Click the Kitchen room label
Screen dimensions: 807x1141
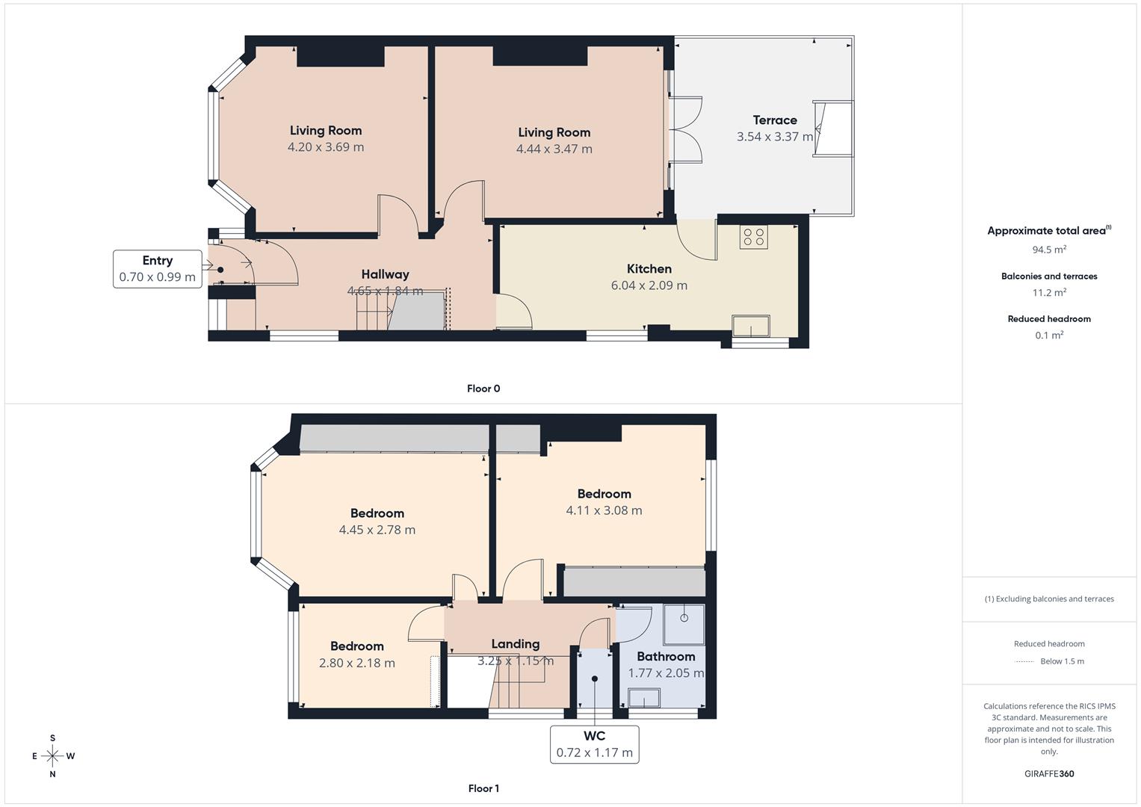pyautogui.click(x=649, y=269)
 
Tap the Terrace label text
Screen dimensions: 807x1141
pyautogui.click(x=775, y=120)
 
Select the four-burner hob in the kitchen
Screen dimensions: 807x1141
pyautogui.click(x=753, y=237)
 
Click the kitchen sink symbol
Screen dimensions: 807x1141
pyautogui.click(x=751, y=327)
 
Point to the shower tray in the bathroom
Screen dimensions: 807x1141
pyautogui.click(x=684, y=625)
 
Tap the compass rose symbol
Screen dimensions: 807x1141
pyautogui.click(x=52, y=756)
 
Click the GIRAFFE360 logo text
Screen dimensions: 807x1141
pyautogui.click(x=1049, y=773)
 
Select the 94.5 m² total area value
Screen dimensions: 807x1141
pyautogui.click(x=1049, y=250)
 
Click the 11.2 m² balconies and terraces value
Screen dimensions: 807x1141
pyautogui.click(x=1049, y=293)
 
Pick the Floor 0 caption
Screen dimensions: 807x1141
pyautogui.click(x=483, y=389)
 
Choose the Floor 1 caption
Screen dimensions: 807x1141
pyautogui.click(x=483, y=788)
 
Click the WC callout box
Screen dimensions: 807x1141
pyautogui.click(x=595, y=744)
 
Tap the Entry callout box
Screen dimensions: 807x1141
pyautogui.click(x=157, y=269)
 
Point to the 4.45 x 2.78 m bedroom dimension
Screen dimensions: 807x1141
pyautogui.click(x=377, y=530)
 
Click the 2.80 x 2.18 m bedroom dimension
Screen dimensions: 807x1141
pyautogui.click(x=356, y=663)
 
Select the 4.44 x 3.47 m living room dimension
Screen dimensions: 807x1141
pyautogui.click(x=554, y=149)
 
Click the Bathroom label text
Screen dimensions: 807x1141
pyautogui.click(x=666, y=657)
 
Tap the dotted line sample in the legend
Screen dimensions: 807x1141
pyautogui.click(x=1024, y=661)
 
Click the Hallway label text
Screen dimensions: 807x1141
pyautogui.click(x=385, y=274)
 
